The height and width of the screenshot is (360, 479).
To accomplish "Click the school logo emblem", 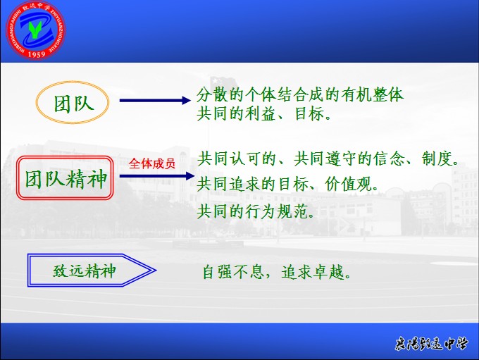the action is [36, 30].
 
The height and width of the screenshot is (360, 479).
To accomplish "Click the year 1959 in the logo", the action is [37, 54].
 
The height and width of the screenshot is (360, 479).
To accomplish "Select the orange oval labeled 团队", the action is [73, 102].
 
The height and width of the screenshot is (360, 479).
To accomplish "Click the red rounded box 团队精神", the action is [65, 178].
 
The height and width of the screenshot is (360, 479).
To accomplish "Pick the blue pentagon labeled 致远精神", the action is [92, 270].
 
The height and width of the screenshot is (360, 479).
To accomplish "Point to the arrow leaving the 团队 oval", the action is [155, 100].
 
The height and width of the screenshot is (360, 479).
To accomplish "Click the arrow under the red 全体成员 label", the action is [157, 175].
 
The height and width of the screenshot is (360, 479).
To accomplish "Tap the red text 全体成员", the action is [152, 164].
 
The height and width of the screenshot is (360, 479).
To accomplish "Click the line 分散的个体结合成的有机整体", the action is [300, 94].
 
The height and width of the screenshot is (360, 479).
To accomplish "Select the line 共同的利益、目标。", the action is [264, 113].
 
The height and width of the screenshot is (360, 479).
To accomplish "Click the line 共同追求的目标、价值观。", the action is [287, 185].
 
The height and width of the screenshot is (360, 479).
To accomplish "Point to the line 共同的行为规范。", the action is [256, 211].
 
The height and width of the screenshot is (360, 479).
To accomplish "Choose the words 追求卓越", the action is [313, 272].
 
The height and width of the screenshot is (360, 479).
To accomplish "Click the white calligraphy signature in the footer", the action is [431, 344].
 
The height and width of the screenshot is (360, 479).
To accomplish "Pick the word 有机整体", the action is [373, 94].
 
